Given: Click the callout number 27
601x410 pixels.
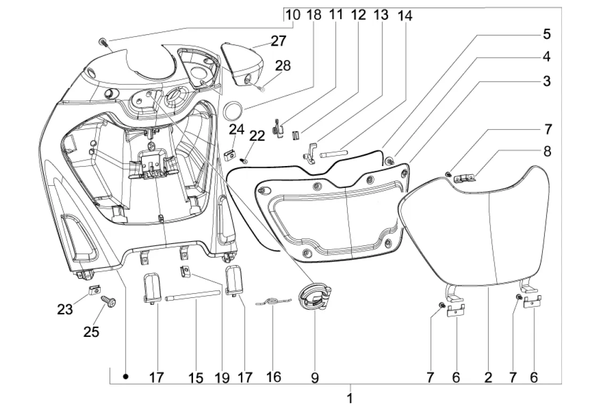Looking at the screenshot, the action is click(x=279, y=41).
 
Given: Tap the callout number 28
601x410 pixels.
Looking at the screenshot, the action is click(x=283, y=66).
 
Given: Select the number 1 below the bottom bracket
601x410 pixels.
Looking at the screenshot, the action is click(x=350, y=398).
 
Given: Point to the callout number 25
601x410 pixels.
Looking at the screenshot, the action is click(x=91, y=332).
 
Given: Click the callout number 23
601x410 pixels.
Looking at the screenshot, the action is click(x=65, y=309).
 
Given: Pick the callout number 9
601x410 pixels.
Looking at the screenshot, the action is click(x=315, y=378).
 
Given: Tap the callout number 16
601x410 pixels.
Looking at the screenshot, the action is click(x=273, y=377).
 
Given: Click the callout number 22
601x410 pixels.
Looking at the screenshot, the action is click(x=257, y=136).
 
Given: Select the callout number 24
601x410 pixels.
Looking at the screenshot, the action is click(x=236, y=129).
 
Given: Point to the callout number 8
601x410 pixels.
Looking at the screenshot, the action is click(x=548, y=151).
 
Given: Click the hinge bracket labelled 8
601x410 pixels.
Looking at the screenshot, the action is click(x=465, y=178).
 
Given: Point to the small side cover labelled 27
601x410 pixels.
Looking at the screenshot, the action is click(x=242, y=64).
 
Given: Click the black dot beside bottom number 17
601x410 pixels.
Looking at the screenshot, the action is click(x=125, y=377).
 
